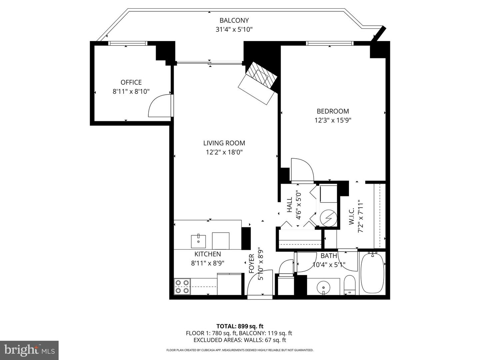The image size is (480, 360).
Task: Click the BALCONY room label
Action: (234, 20)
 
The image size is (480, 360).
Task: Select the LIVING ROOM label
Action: (224, 143)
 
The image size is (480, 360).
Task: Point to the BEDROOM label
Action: (333, 111)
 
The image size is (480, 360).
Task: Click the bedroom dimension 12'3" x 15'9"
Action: (333, 120)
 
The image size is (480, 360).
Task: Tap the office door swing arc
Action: (159, 106)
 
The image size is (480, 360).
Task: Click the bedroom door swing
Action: (302, 170)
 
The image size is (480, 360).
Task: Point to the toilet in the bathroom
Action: (350, 285)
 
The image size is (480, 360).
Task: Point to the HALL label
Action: (289, 205)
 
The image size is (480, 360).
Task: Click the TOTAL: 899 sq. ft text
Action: (240, 326)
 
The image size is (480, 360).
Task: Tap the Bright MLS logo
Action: (29, 350)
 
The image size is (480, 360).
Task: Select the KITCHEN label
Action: (208, 254)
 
